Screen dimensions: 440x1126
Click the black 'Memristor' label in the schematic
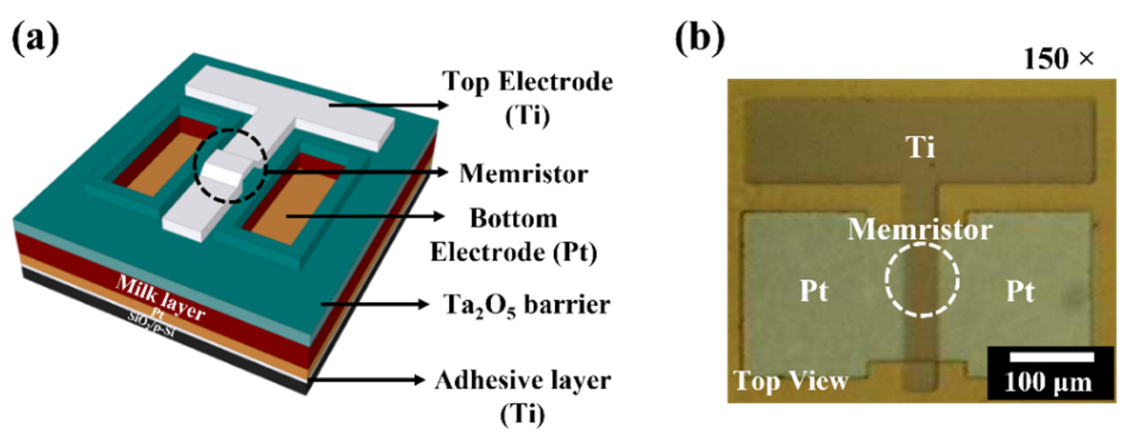tap(524, 174)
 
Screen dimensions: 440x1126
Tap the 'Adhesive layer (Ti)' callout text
tap(523, 396)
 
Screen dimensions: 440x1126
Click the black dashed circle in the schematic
tap(230, 166)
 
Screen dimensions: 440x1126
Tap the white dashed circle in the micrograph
tap(922, 279)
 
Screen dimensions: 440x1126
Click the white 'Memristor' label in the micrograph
tap(920, 230)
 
